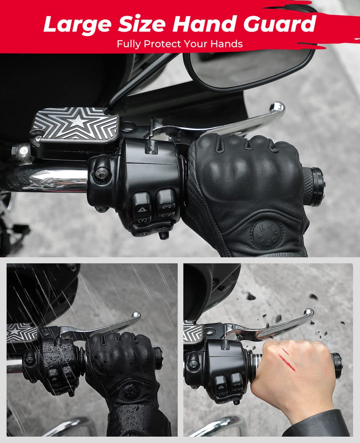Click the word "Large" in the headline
pos(77,24)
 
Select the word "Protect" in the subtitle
pos(162,44)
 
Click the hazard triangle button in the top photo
pos(141,209)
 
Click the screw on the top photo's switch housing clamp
pos(102,173)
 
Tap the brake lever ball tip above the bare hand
pos(309,312)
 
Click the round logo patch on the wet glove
pos(131,392)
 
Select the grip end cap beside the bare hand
pos(337,365)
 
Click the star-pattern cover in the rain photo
pos(22,332)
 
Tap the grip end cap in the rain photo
pos(158,358)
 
